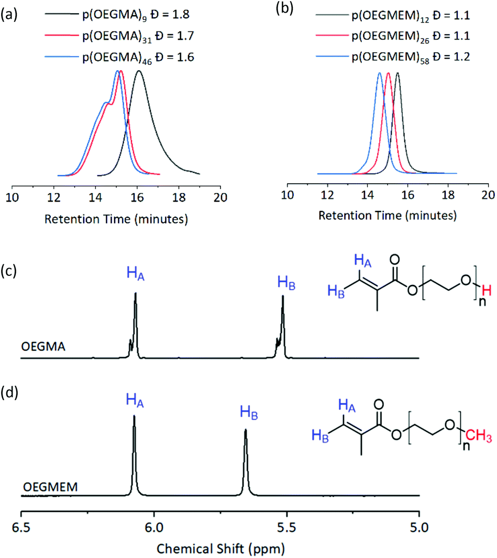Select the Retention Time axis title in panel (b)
coord(387,215)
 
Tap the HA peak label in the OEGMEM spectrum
coord(135,401)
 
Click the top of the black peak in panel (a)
coord(139,71)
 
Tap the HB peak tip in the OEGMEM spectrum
coord(245,430)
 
